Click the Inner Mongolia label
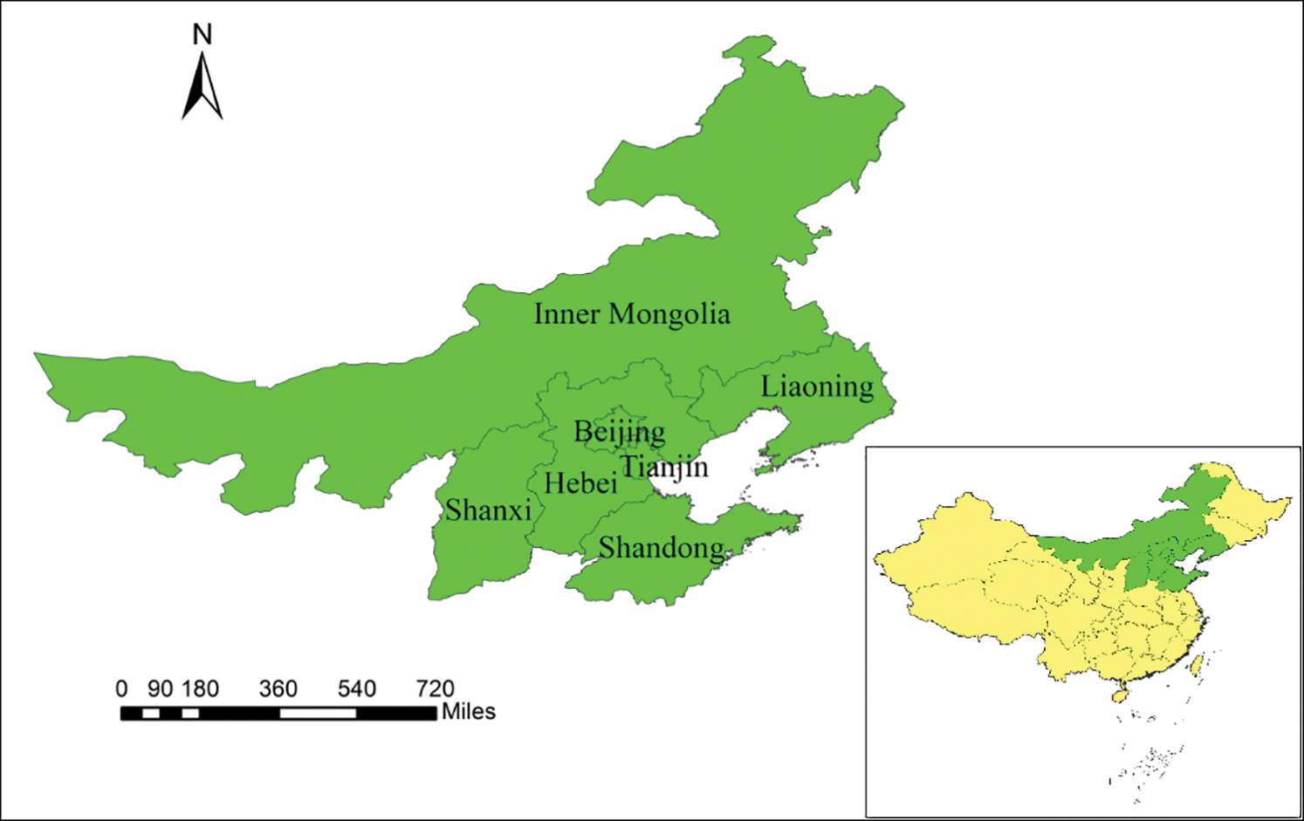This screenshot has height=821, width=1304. point(632,314)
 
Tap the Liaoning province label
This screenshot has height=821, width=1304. point(817,387)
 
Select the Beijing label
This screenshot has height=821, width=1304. point(620,431)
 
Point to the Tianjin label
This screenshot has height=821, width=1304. point(664,467)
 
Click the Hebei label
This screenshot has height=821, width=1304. point(580,482)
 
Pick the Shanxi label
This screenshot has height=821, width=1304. point(488,510)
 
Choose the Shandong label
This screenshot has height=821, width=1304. point(661,548)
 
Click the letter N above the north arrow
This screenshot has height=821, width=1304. point(202,35)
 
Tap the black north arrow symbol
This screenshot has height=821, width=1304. point(202,87)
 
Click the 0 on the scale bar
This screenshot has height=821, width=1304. point(121,689)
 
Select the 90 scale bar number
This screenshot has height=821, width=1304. point(160,689)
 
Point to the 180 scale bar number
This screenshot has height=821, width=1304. point(200,689)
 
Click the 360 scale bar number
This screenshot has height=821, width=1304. point(278,689)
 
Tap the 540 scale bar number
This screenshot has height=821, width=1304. point(357,689)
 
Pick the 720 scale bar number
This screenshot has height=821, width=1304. point(435,689)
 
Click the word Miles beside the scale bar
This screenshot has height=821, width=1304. point(469,712)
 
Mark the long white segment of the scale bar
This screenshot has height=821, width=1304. point(318,714)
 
